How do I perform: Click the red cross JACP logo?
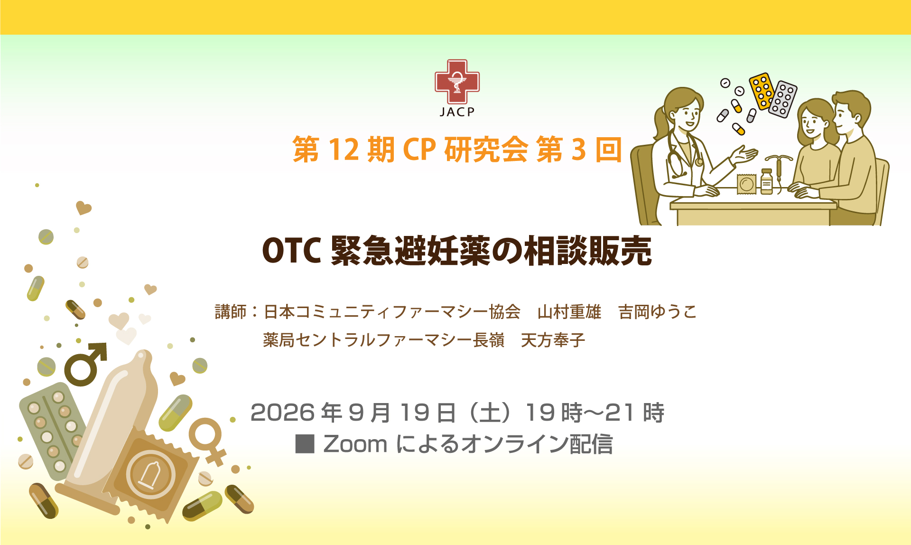pyautogui.click(x=457, y=81)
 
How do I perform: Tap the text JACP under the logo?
pyautogui.click(x=457, y=112)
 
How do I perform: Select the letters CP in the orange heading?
pyautogui.click(x=419, y=150)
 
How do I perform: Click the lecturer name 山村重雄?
pyautogui.click(x=569, y=312)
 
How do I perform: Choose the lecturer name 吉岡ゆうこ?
pyautogui.click(x=658, y=312)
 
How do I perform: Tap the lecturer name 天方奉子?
pyautogui.click(x=553, y=340)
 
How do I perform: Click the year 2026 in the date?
pyautogui.click(x=283, y=412)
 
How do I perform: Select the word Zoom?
pyautogui.click(x=355, y=444)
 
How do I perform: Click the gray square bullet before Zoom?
pyautogui.click(x=305, y=444)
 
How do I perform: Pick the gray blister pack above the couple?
pyautogui.click(x=783, y=99)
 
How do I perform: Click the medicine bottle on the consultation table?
pyautogui.click(x=767, y=182)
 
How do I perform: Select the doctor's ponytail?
pyautogui.click(x=661, y=121)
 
